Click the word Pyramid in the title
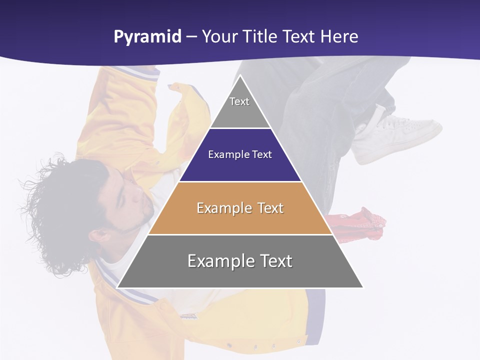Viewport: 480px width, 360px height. coord(147,37)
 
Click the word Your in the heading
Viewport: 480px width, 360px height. coord(219,37)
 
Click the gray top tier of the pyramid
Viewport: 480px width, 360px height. coord(240,107)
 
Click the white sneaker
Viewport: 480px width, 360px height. coord(400,135)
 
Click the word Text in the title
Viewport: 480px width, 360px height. coord(299,37)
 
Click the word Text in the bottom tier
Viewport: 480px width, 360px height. coord(272,261)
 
